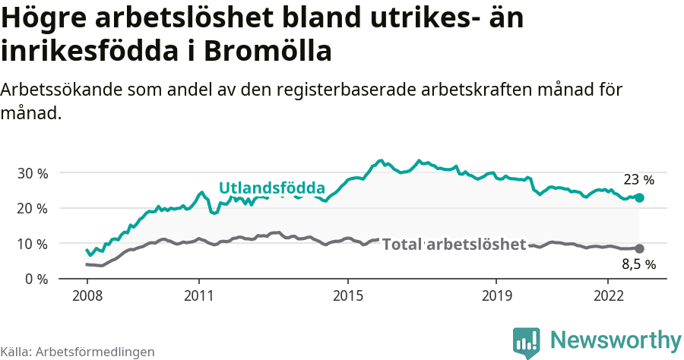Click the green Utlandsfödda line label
[272, 188]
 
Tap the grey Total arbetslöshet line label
[454, 244]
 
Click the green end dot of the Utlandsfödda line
[639, 197]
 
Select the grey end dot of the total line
[639, 248]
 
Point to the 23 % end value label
[638, 180]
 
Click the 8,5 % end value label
[638, 265]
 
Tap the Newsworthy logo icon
[527, 342]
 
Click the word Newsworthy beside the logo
[616, 339]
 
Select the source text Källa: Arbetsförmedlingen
[78, 352]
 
